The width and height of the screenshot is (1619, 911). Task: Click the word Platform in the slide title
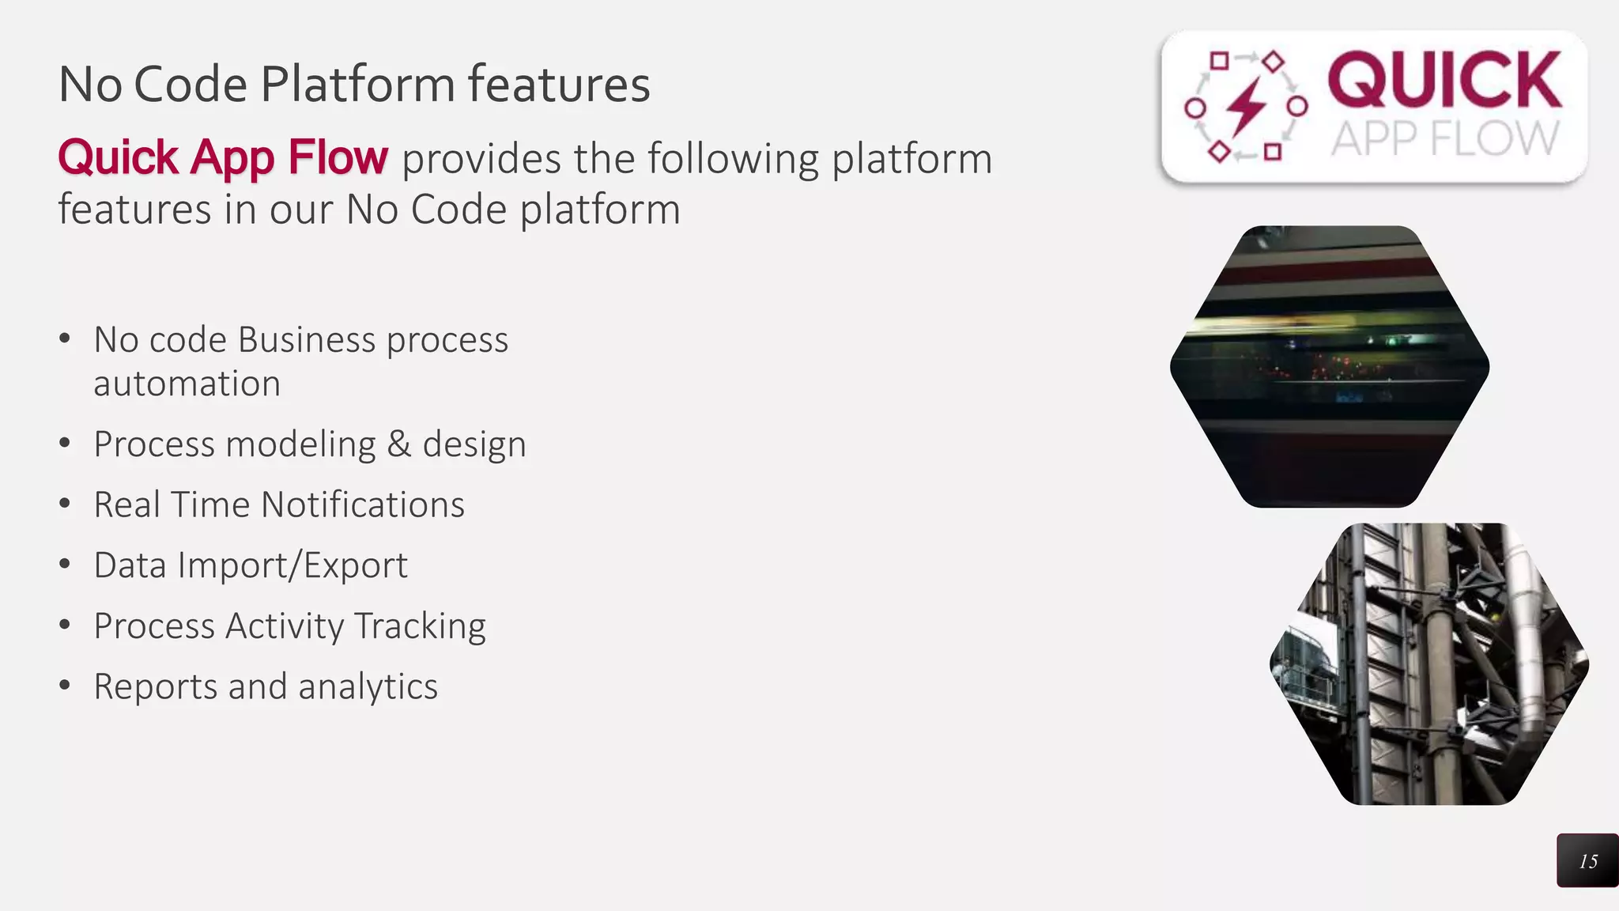click(357, 85)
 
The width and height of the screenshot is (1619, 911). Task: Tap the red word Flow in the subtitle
click(338, 157)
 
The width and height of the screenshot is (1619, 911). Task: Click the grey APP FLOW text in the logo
click(1444, 139)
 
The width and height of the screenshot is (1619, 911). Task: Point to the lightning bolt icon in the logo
click(1246, 106)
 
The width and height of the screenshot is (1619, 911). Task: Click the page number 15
click(1588, 861)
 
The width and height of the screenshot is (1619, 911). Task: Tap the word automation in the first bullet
click(187, 384)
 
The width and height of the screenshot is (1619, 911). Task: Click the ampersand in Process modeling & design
click(399, 444)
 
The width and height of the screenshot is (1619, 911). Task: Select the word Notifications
click(362, 505)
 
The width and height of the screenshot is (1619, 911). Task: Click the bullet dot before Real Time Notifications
click(65, 503)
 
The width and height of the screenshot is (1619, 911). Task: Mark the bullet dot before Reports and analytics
click(65, 685)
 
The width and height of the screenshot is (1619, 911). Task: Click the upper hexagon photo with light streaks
click(1330, 366)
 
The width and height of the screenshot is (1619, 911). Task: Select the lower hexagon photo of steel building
click(1429, 664)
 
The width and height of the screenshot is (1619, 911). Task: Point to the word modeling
click(300, 444)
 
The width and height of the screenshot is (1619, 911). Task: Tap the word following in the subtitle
click(733, 158)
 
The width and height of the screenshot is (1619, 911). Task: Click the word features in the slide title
click(559, 85)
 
